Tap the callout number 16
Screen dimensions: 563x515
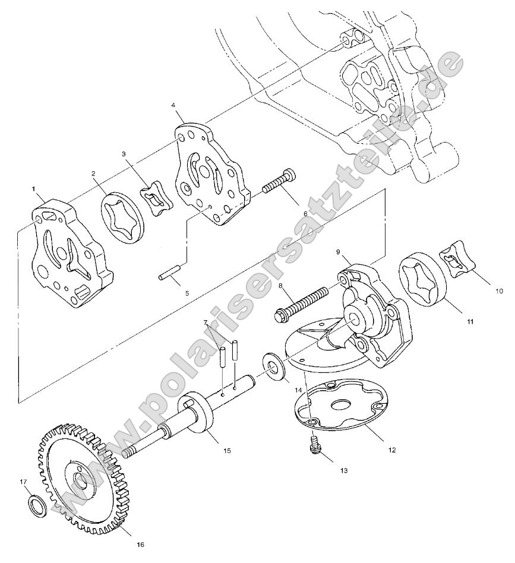[140, 543]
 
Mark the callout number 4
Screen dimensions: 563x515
[173, 105]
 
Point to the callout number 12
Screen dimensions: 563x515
[391, 450]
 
